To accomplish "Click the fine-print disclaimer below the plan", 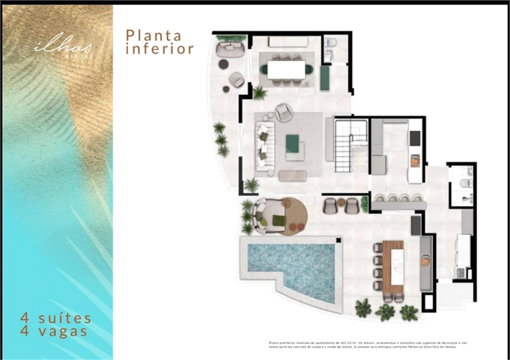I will coord(373,344).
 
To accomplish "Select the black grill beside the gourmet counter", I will coord(416,222).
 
